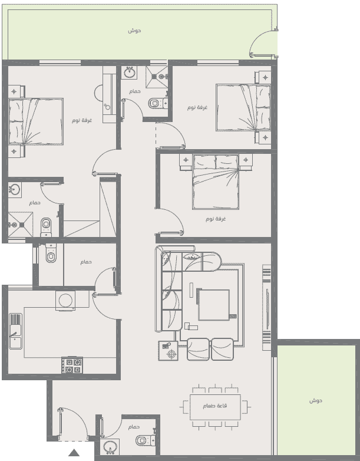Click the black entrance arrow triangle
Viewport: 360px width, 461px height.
point(74,453)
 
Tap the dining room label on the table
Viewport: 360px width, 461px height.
point(215,406)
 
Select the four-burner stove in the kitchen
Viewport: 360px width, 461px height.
point(72,365)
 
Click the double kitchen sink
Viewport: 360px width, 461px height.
point(15,331)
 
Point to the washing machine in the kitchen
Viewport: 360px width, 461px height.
point(65,301)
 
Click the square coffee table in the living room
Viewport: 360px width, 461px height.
point(214,305)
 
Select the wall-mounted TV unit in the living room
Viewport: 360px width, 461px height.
point(266,308)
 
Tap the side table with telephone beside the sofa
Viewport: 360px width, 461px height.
point(168,350)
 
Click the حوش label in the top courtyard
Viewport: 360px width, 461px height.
point(134,31)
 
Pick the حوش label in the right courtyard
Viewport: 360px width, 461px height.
point(316,400)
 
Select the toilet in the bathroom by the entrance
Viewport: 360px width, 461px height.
point(146,440)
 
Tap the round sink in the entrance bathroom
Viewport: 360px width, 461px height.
point(110,447)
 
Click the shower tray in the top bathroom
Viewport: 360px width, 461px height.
point(157,77)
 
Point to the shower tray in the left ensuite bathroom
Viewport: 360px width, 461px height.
point(20,225)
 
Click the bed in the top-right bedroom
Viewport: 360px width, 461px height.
point(243,107)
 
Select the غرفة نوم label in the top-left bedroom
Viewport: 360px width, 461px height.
point(82,120)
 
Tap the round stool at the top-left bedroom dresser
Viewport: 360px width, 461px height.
point(98,93)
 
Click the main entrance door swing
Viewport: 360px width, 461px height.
point(73,424)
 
